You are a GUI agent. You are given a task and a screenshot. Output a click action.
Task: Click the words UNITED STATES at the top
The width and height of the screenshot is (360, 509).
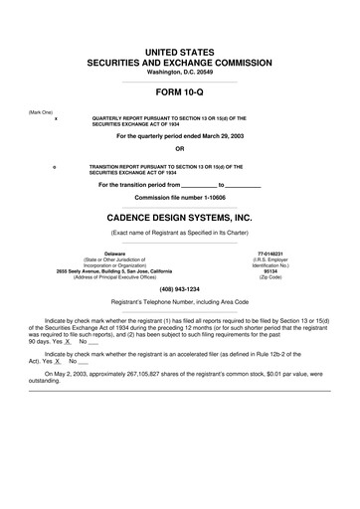179,49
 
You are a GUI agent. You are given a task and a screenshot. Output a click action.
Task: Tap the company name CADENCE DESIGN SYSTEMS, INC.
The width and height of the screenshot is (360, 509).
179,215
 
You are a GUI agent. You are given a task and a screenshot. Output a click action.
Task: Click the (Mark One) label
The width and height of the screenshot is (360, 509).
42,110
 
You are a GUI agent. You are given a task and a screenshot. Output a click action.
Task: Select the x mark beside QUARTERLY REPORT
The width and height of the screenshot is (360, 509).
56,117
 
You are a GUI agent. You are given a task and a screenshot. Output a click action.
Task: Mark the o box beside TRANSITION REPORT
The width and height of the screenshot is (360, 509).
56,166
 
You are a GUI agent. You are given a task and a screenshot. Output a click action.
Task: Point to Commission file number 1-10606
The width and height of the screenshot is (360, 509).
179,198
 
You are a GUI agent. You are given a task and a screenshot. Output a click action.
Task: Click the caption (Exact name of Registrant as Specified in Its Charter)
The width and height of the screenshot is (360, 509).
179,233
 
